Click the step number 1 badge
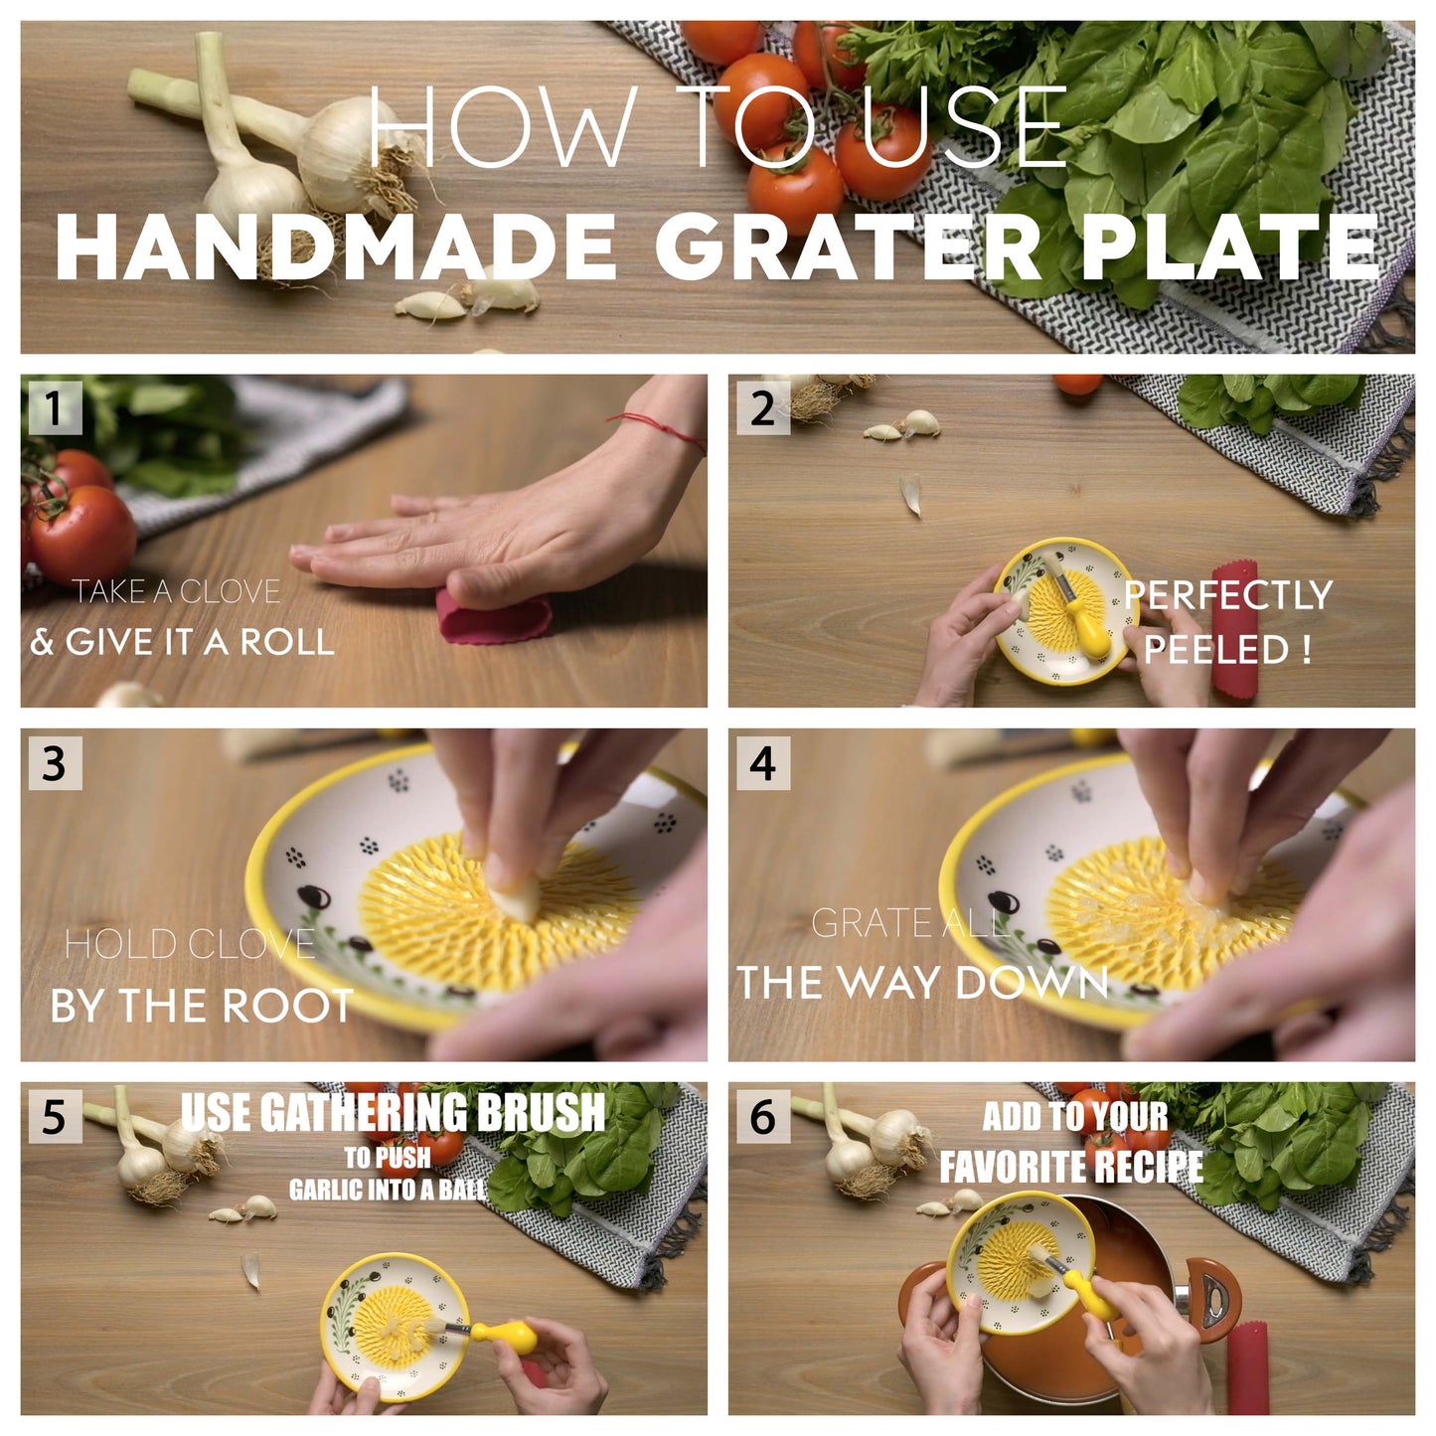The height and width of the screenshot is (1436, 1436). coord(54,408)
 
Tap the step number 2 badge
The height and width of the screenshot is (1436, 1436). coord(762,408)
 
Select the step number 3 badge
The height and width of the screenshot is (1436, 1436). coord(54,763)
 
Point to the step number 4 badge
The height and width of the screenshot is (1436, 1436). coord(762,763)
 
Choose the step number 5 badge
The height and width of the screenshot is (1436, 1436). coord(54,1117)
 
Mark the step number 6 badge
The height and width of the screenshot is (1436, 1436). coord(762,1117)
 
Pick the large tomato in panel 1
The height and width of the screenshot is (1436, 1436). coord(84,532)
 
